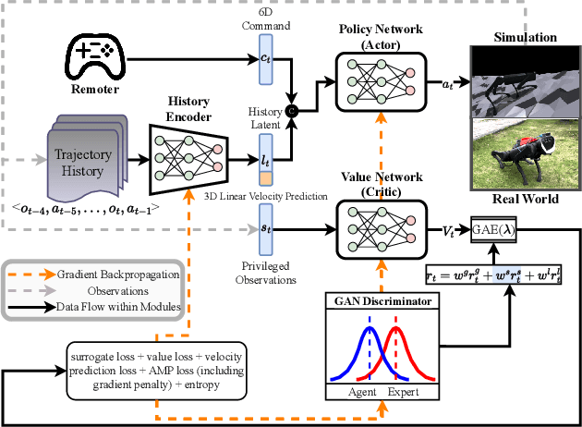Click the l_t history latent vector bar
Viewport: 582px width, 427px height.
coord(266,154)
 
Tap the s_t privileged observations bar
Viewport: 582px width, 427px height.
coord(266,225)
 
